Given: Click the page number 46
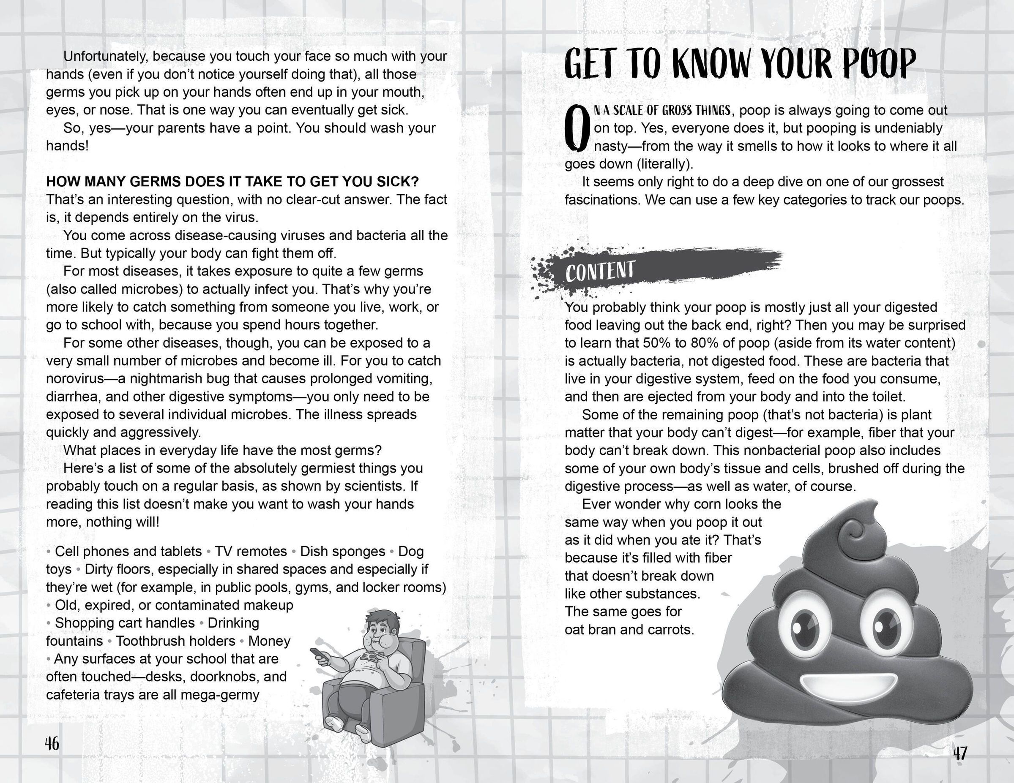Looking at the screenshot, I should pyautogui.click(x=52, y=744).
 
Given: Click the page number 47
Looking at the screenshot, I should pyautogui.click(x=959, y=753).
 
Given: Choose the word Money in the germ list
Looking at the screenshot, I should pyautogui.click(x=269, y=641).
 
